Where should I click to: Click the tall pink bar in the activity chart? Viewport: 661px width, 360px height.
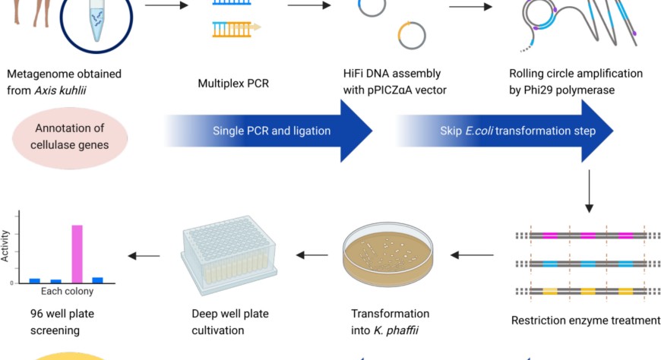pos(77,254)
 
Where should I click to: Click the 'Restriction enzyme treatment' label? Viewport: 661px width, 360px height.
pos(586,321)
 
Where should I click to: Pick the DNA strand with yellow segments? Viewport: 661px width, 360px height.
pos(581,291)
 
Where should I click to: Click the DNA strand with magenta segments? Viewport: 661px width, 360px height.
pos(581,236)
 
